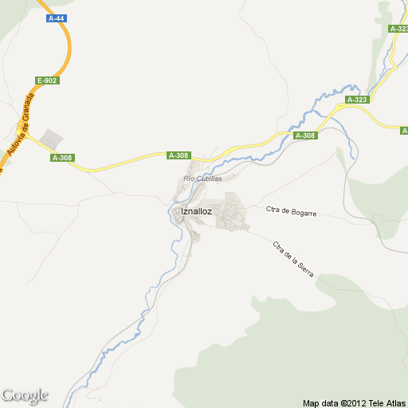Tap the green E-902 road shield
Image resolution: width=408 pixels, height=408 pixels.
click(48, 80)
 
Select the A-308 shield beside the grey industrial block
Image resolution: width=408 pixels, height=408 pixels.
click(62, 158)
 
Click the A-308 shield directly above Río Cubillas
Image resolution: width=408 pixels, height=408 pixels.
click(178, 155)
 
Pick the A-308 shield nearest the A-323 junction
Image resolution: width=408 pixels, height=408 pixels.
click(305, 136)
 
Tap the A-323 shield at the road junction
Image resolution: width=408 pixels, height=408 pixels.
click(357, 100)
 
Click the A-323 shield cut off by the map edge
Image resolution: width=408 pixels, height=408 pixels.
click(399, 29)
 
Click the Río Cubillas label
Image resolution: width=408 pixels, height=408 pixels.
click(202, 178)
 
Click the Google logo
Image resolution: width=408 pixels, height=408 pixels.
click(25, 395)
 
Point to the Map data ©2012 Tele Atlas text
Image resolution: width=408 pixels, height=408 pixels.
click(354, 402)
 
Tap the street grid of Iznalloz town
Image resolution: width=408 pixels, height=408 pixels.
click(229, 213)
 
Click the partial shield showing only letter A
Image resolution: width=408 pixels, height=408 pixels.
click(404, 130)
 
